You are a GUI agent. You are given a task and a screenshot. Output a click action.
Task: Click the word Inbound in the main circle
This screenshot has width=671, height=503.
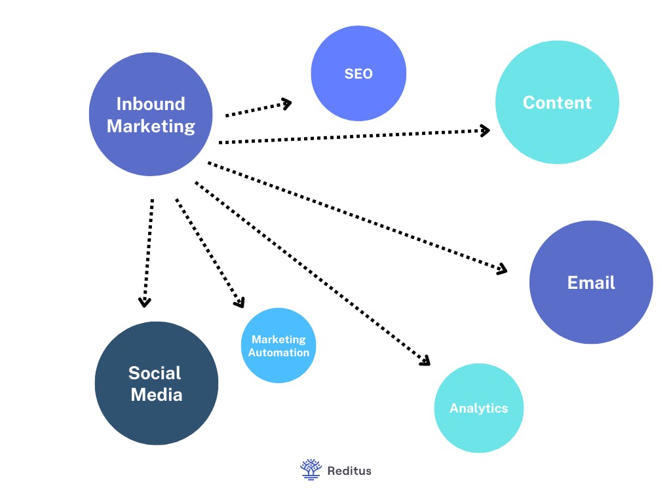pos(151,103)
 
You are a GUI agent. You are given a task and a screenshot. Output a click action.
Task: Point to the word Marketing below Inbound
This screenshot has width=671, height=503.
pos(151,126)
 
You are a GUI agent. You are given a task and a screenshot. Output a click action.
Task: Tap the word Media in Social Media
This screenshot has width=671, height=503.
pos(156,395)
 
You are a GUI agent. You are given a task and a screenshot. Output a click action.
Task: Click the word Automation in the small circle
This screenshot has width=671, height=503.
pos(278,352)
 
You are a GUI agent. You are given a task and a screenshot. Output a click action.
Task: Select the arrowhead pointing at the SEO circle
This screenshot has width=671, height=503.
pos(286,103)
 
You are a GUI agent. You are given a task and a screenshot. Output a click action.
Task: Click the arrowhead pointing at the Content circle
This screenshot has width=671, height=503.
pos(485,130)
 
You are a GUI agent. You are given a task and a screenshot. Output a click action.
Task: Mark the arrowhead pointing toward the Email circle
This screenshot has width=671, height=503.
pos(502,269)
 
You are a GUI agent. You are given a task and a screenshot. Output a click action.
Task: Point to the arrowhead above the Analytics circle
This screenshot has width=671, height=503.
pos(425,360)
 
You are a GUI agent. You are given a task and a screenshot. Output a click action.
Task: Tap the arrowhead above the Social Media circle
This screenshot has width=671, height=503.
pos(144,302)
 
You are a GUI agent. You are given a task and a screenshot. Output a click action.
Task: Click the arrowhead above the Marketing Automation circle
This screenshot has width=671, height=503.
pos(240,303)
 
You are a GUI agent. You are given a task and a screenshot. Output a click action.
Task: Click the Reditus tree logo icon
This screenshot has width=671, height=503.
pos(311,469)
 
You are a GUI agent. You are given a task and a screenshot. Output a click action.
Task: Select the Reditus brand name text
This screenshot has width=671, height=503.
pos(349,470)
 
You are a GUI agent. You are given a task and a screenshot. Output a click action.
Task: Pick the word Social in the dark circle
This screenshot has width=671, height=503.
pos(155,373)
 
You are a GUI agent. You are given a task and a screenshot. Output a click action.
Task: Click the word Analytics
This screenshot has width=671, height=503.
pos(478,408)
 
